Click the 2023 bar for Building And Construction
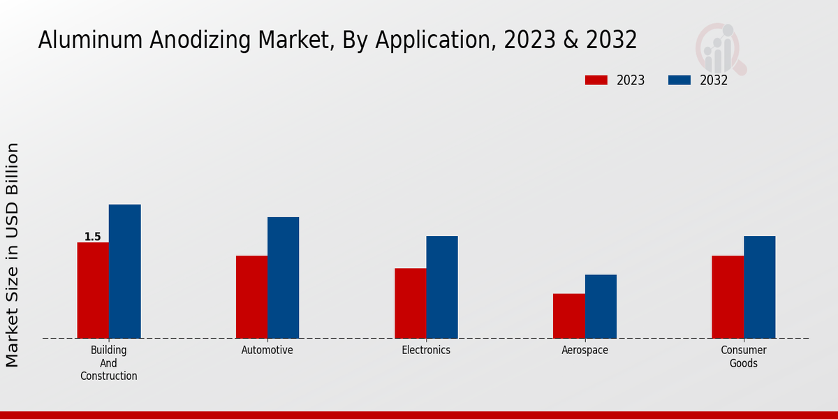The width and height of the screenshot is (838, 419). pos(93,291)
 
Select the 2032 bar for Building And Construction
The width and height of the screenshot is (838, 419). pos(124,272)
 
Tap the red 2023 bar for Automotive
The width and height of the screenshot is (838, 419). pos(251,297)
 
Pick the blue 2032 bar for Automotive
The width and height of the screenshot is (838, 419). pos(283,278)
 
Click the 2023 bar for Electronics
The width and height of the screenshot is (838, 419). pos(410,303)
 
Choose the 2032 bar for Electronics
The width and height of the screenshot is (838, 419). pos(442,287)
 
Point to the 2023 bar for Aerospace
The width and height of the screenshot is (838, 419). pos(568,316)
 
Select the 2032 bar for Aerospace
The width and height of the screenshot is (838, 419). pos(601,307)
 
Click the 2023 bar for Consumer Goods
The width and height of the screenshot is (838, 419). pos(728,297)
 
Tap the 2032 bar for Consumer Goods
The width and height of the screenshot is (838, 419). pos(759,287)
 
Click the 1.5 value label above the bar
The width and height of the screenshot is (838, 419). pos(93,237)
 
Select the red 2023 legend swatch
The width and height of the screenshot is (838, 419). pos(596,80)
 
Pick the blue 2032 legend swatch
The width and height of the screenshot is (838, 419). pos(679,80)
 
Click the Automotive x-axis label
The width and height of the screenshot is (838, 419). pos(267,350)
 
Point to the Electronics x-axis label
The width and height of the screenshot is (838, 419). pos(426,350)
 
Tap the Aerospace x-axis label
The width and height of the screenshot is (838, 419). pos(585,350)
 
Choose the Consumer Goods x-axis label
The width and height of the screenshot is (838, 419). pos(744,356)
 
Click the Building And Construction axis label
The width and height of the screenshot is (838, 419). pos(109,362)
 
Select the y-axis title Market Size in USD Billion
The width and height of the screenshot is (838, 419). pos(13,255)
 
